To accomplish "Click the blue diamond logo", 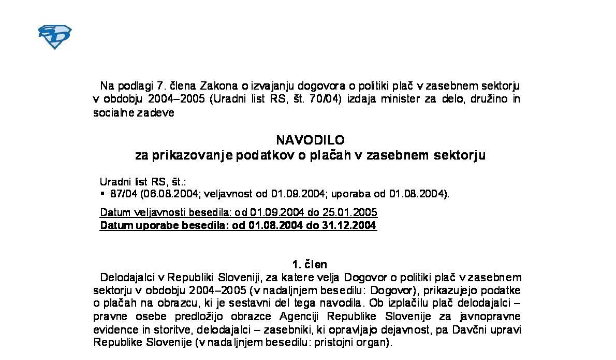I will [x=54, y=37].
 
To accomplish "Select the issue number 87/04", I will [x=121, y=194].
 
